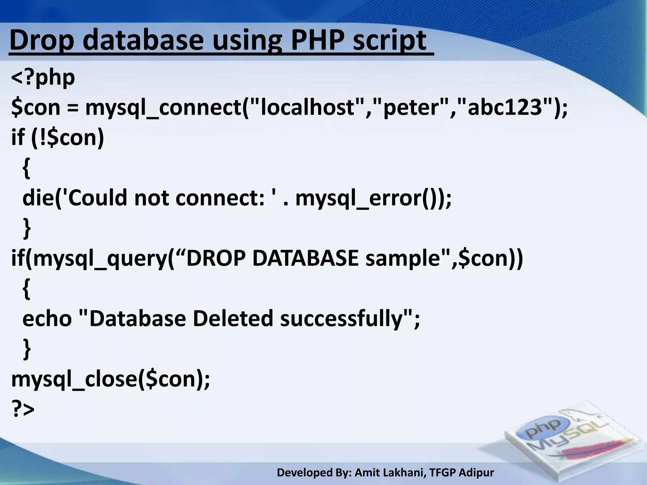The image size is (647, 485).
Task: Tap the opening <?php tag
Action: click(43, 78)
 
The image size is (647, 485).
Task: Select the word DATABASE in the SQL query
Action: click(305, 258)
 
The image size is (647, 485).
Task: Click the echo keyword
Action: click(47, 318)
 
